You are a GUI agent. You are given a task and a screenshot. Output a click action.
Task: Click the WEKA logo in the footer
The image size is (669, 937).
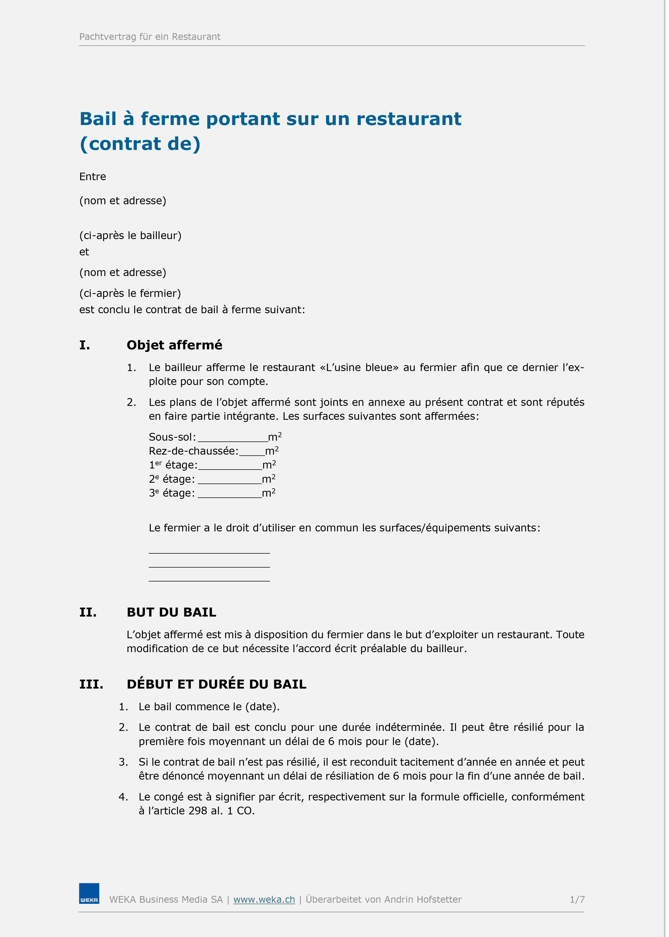[89, 893]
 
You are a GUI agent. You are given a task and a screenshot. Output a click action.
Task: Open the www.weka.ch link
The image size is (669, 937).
[264, 900]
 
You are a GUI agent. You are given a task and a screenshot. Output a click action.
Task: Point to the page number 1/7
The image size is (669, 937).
[577, 900]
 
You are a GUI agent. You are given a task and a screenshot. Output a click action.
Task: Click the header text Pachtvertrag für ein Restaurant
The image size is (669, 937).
[150, 37]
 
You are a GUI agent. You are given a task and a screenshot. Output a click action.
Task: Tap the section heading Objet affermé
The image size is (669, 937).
[174, 345]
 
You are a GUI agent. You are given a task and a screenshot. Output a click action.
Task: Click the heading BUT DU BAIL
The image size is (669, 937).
[171, 612]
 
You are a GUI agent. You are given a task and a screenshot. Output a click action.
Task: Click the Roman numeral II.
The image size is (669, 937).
[88, 612]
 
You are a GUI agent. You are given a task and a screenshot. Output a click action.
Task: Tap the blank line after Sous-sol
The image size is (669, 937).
[232, 439]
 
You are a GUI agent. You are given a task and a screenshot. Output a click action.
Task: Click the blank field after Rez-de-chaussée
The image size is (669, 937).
[252, 453]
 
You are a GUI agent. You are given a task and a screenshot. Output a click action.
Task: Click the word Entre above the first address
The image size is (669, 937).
[93, 177]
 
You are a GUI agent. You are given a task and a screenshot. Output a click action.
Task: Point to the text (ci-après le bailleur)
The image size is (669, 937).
[130, 235]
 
